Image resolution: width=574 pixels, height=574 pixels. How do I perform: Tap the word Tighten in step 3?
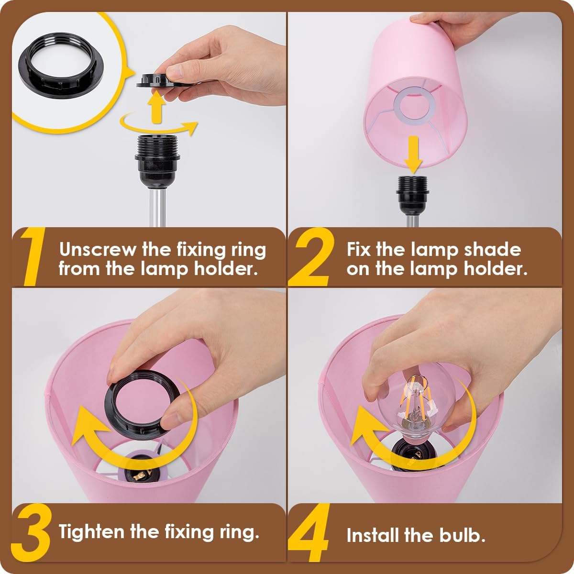90,531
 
